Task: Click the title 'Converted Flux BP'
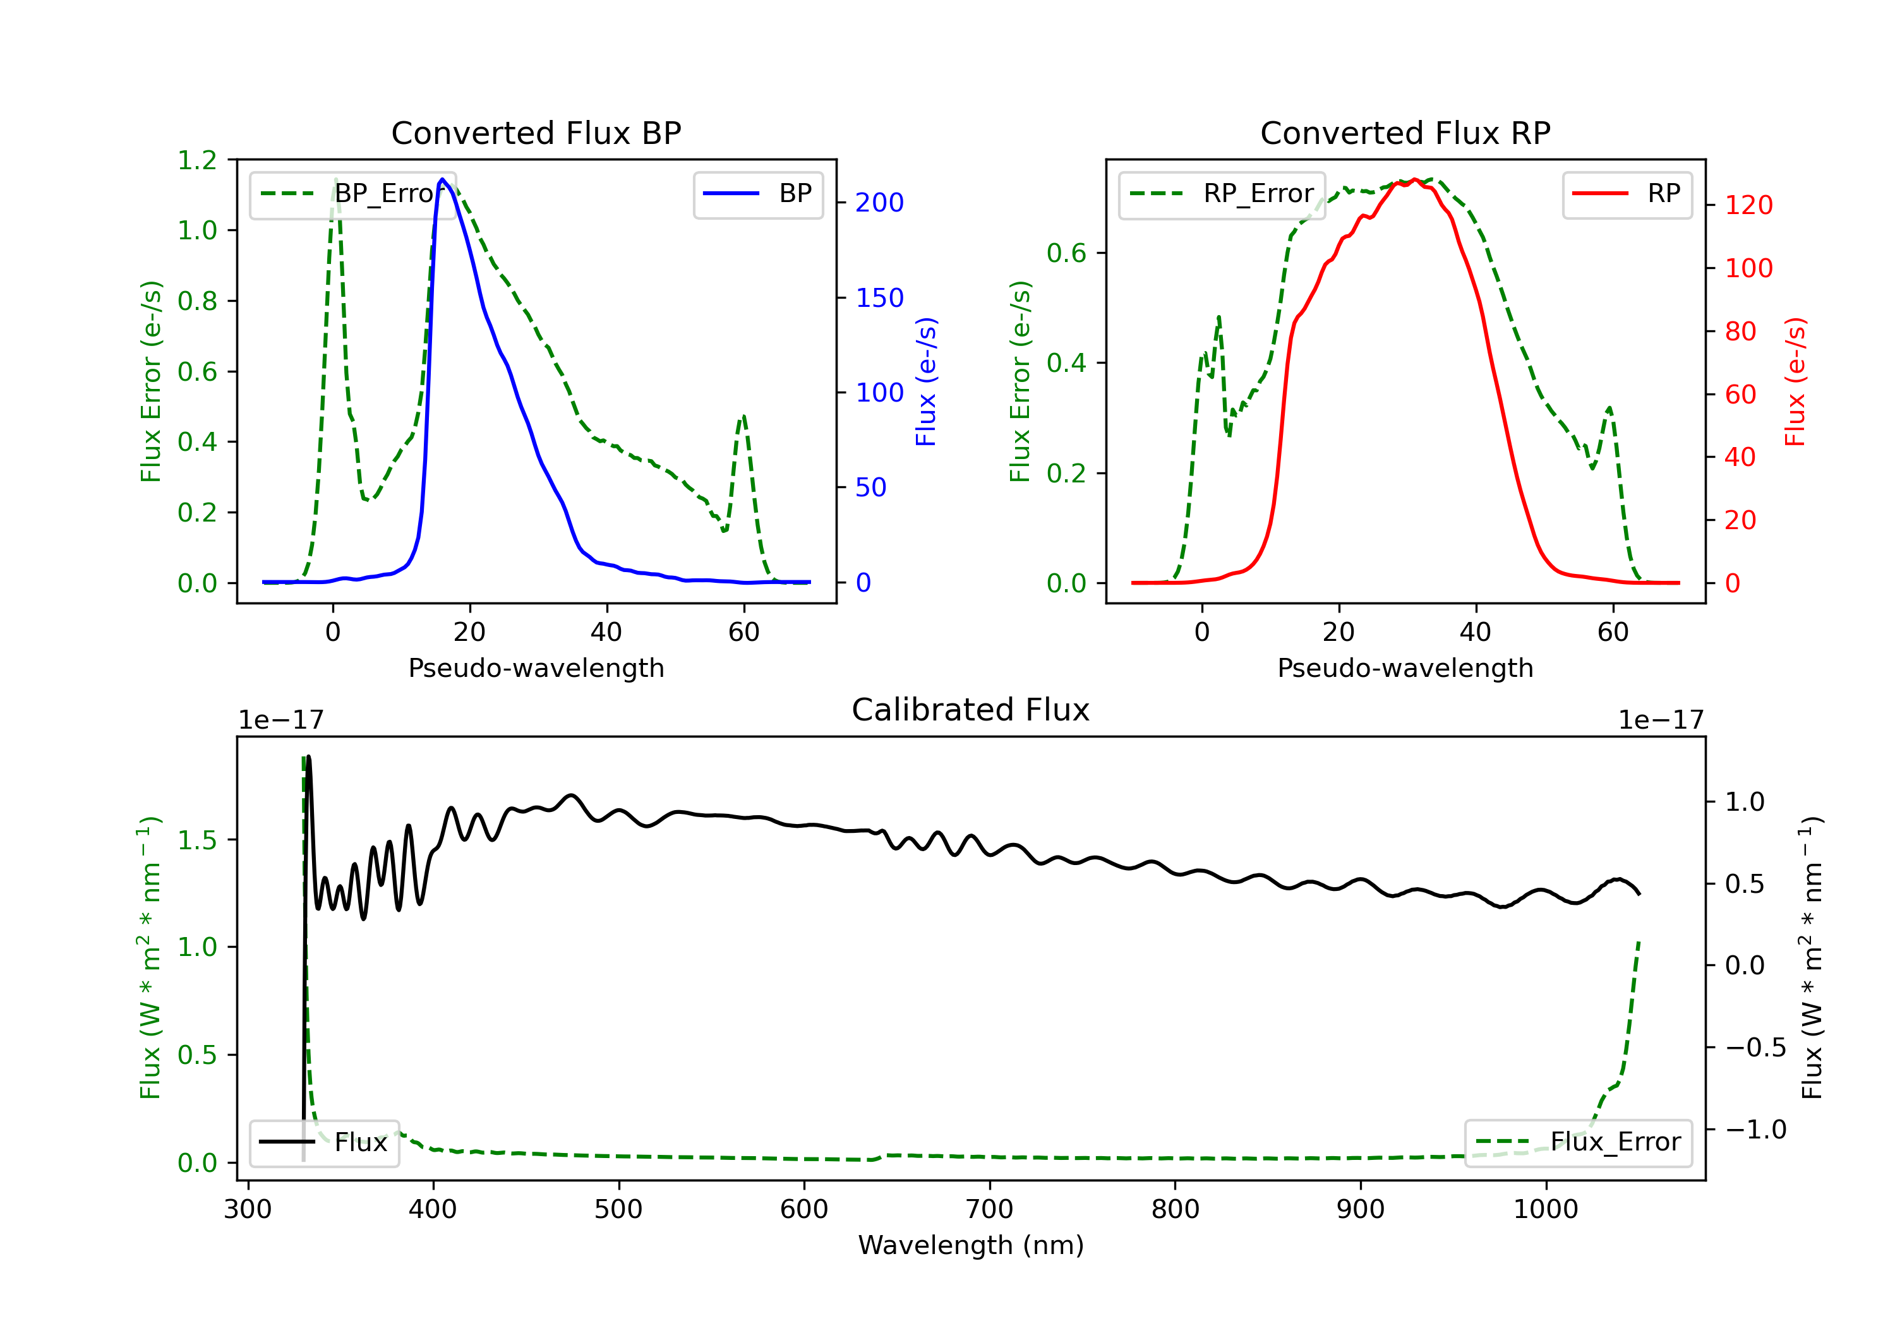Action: (x=536, y=133)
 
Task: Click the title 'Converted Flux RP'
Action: (x=1405, y=133)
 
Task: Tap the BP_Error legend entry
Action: (x=353, y=194)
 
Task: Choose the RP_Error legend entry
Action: (x=1222, y=194)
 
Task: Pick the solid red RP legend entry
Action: (x=1626, y=194)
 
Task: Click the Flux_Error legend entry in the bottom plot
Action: (x=1578, y=1142)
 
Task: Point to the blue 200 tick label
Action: (x=879, y=203)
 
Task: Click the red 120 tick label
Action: (x=1748, y=205)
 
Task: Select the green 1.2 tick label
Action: (x=197, y=160)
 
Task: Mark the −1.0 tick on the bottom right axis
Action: (x=1755, y=1130)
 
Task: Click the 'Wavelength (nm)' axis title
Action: (x=971, y=1245)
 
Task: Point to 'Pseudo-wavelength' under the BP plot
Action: (x=536, y=668)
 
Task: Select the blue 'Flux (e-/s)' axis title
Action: (x=926, y=382)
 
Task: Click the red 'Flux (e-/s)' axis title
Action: (x=1795, y=382)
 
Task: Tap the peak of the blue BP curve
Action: (x=442, y=179)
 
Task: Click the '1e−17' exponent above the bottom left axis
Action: (x=280, y=720)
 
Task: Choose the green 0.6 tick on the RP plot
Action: (x=1066, y=253)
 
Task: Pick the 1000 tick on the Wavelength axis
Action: (x=1545, y=1210)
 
